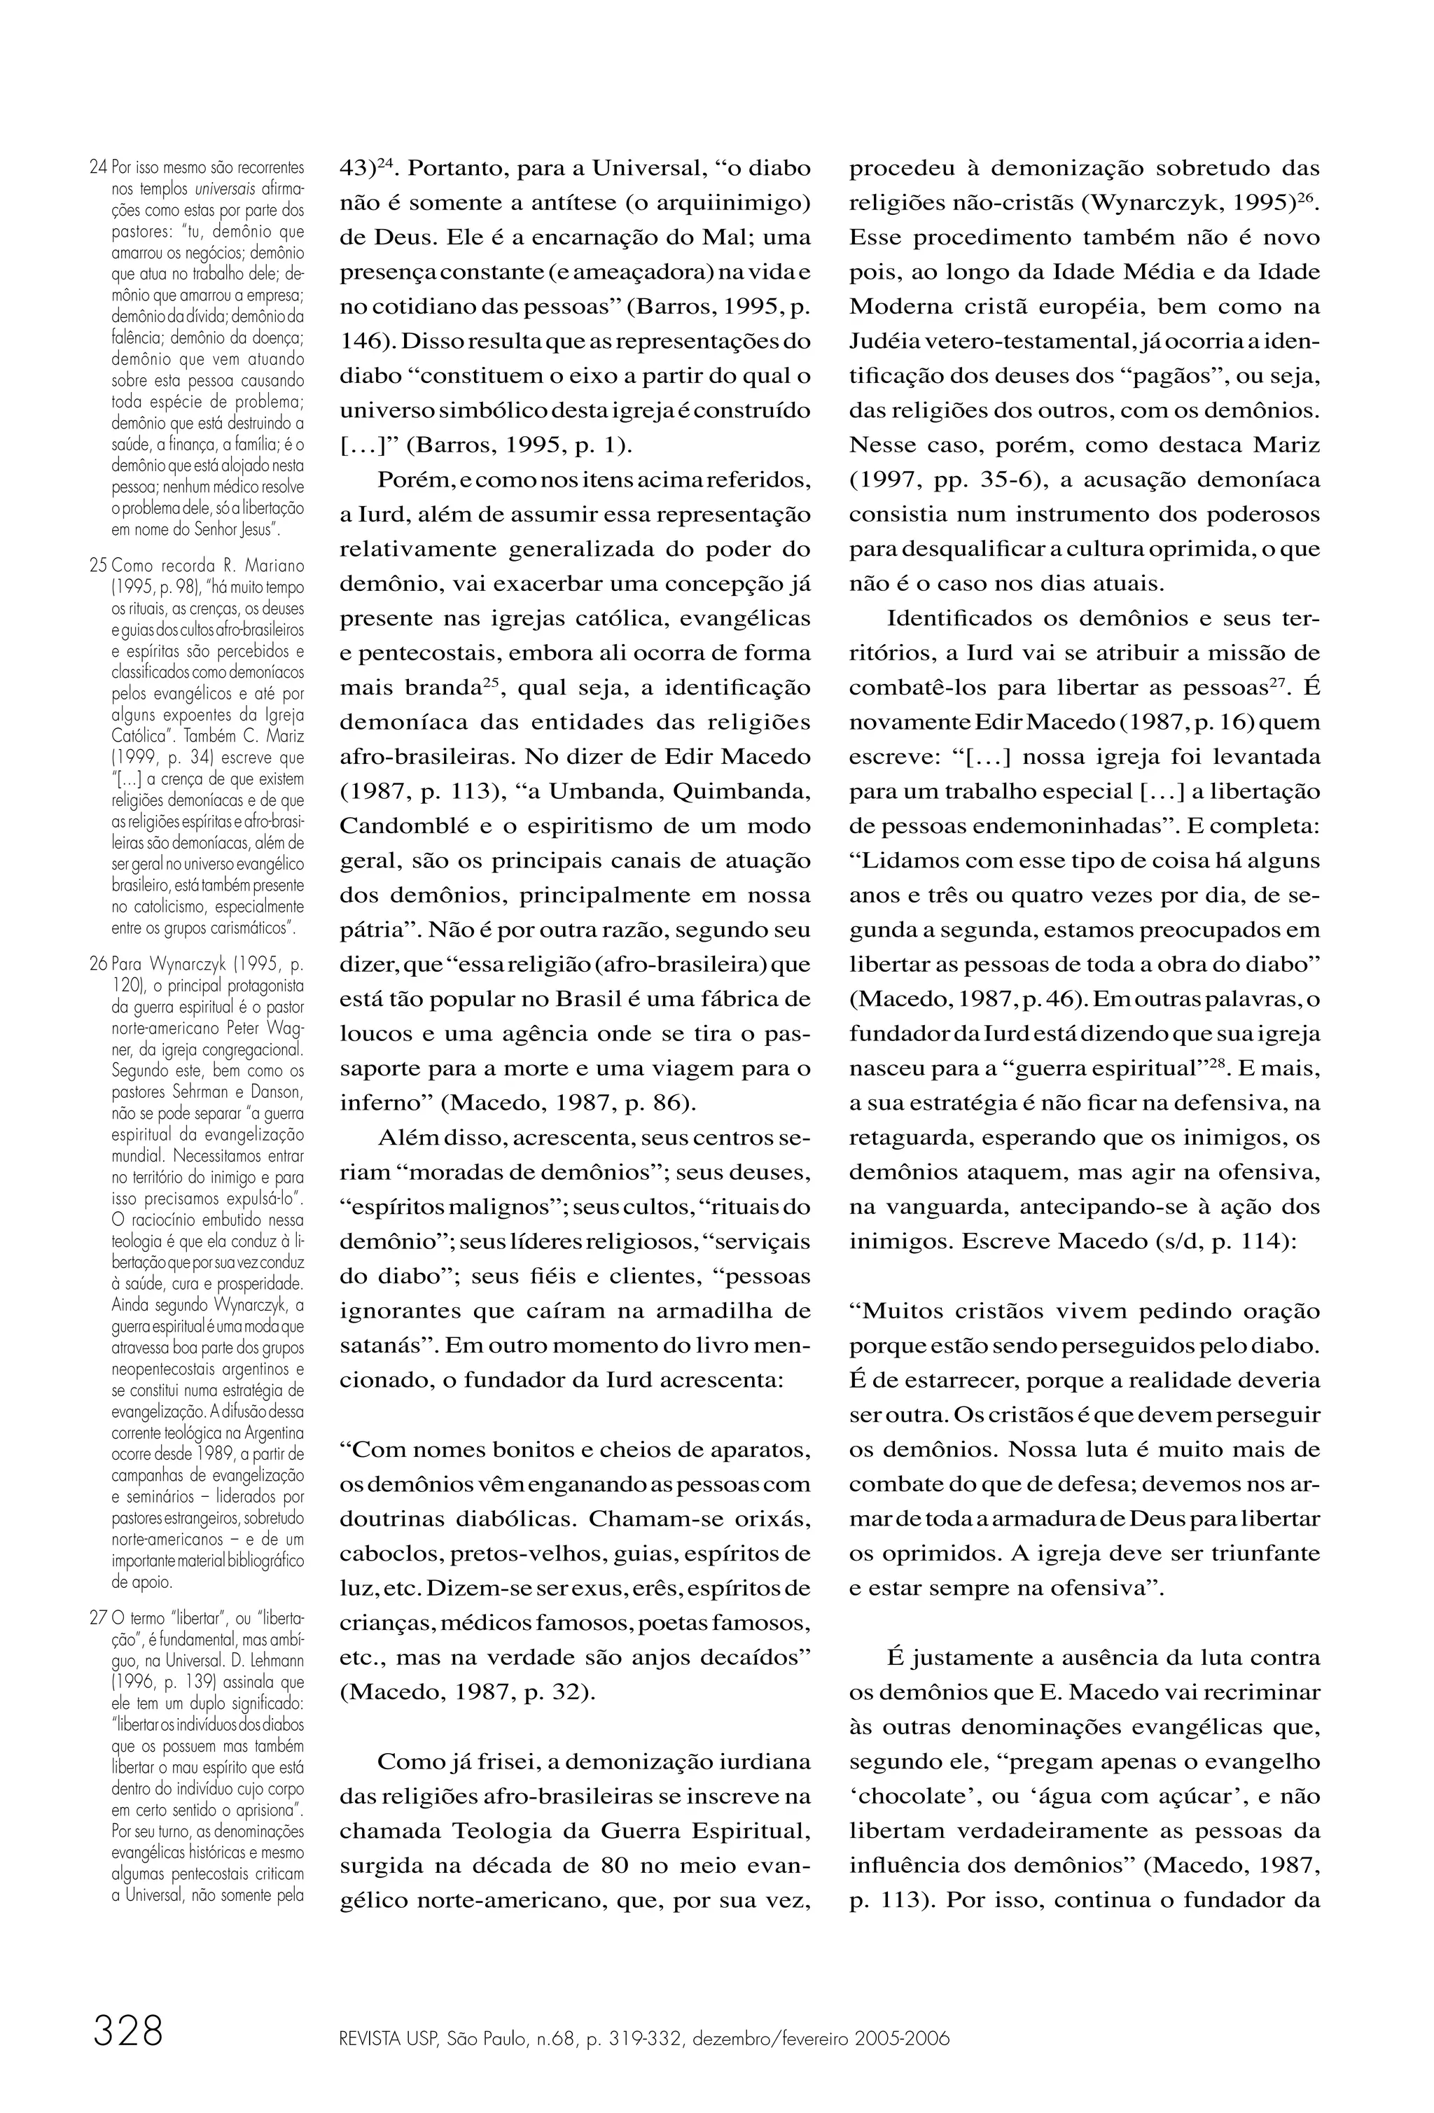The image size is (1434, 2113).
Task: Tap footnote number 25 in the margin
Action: [x=98, y=564]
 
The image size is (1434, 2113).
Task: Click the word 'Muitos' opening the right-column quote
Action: [x=896, y=1311]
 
